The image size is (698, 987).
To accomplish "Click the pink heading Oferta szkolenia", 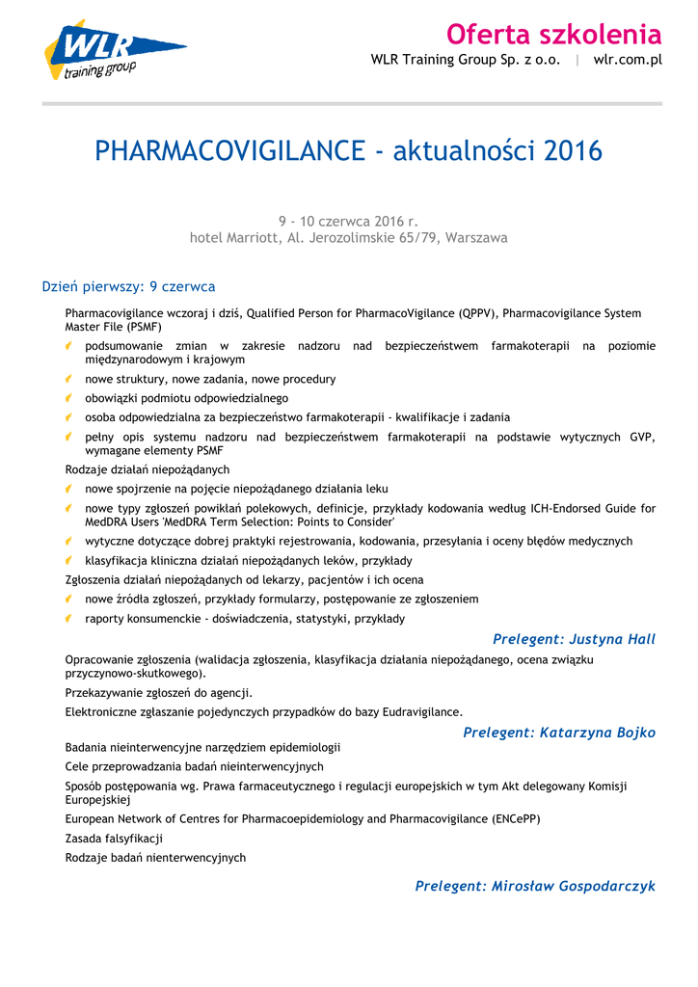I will click(553, 35).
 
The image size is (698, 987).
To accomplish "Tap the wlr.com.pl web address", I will click(628, 60).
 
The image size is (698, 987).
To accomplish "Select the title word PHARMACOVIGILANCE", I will click(229, 151).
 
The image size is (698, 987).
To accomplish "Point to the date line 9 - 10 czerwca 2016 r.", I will click(348, 221).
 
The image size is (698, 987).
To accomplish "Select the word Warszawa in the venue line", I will click(476, 237).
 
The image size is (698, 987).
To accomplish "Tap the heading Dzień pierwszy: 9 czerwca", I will click(128, 286).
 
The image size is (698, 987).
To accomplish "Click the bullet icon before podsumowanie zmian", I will click(70, 345).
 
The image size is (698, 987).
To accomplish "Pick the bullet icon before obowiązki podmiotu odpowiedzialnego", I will click(70, 397).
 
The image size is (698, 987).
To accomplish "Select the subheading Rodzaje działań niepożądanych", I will click(147, 469).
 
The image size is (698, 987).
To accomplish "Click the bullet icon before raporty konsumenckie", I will click(70, 618).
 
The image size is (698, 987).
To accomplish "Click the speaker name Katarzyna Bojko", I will click(598, 733).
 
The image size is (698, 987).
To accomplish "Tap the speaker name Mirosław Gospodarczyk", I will click(573, 886).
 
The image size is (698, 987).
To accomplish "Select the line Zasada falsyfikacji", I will click(114, 839).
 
